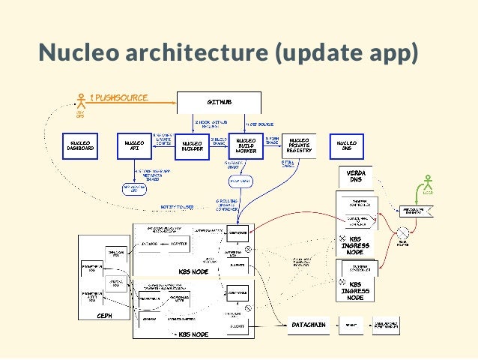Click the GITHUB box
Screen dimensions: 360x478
pos(218,101)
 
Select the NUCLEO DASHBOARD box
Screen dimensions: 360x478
pos(80,145)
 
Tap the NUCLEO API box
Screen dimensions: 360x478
pos(134,145)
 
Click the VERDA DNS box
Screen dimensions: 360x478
pos(356,176)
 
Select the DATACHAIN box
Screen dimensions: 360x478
pos(309,324)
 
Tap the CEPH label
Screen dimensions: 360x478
pos(104,316)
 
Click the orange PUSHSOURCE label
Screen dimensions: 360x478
pos(118,97)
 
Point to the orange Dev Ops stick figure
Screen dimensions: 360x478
pos(80,101)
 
